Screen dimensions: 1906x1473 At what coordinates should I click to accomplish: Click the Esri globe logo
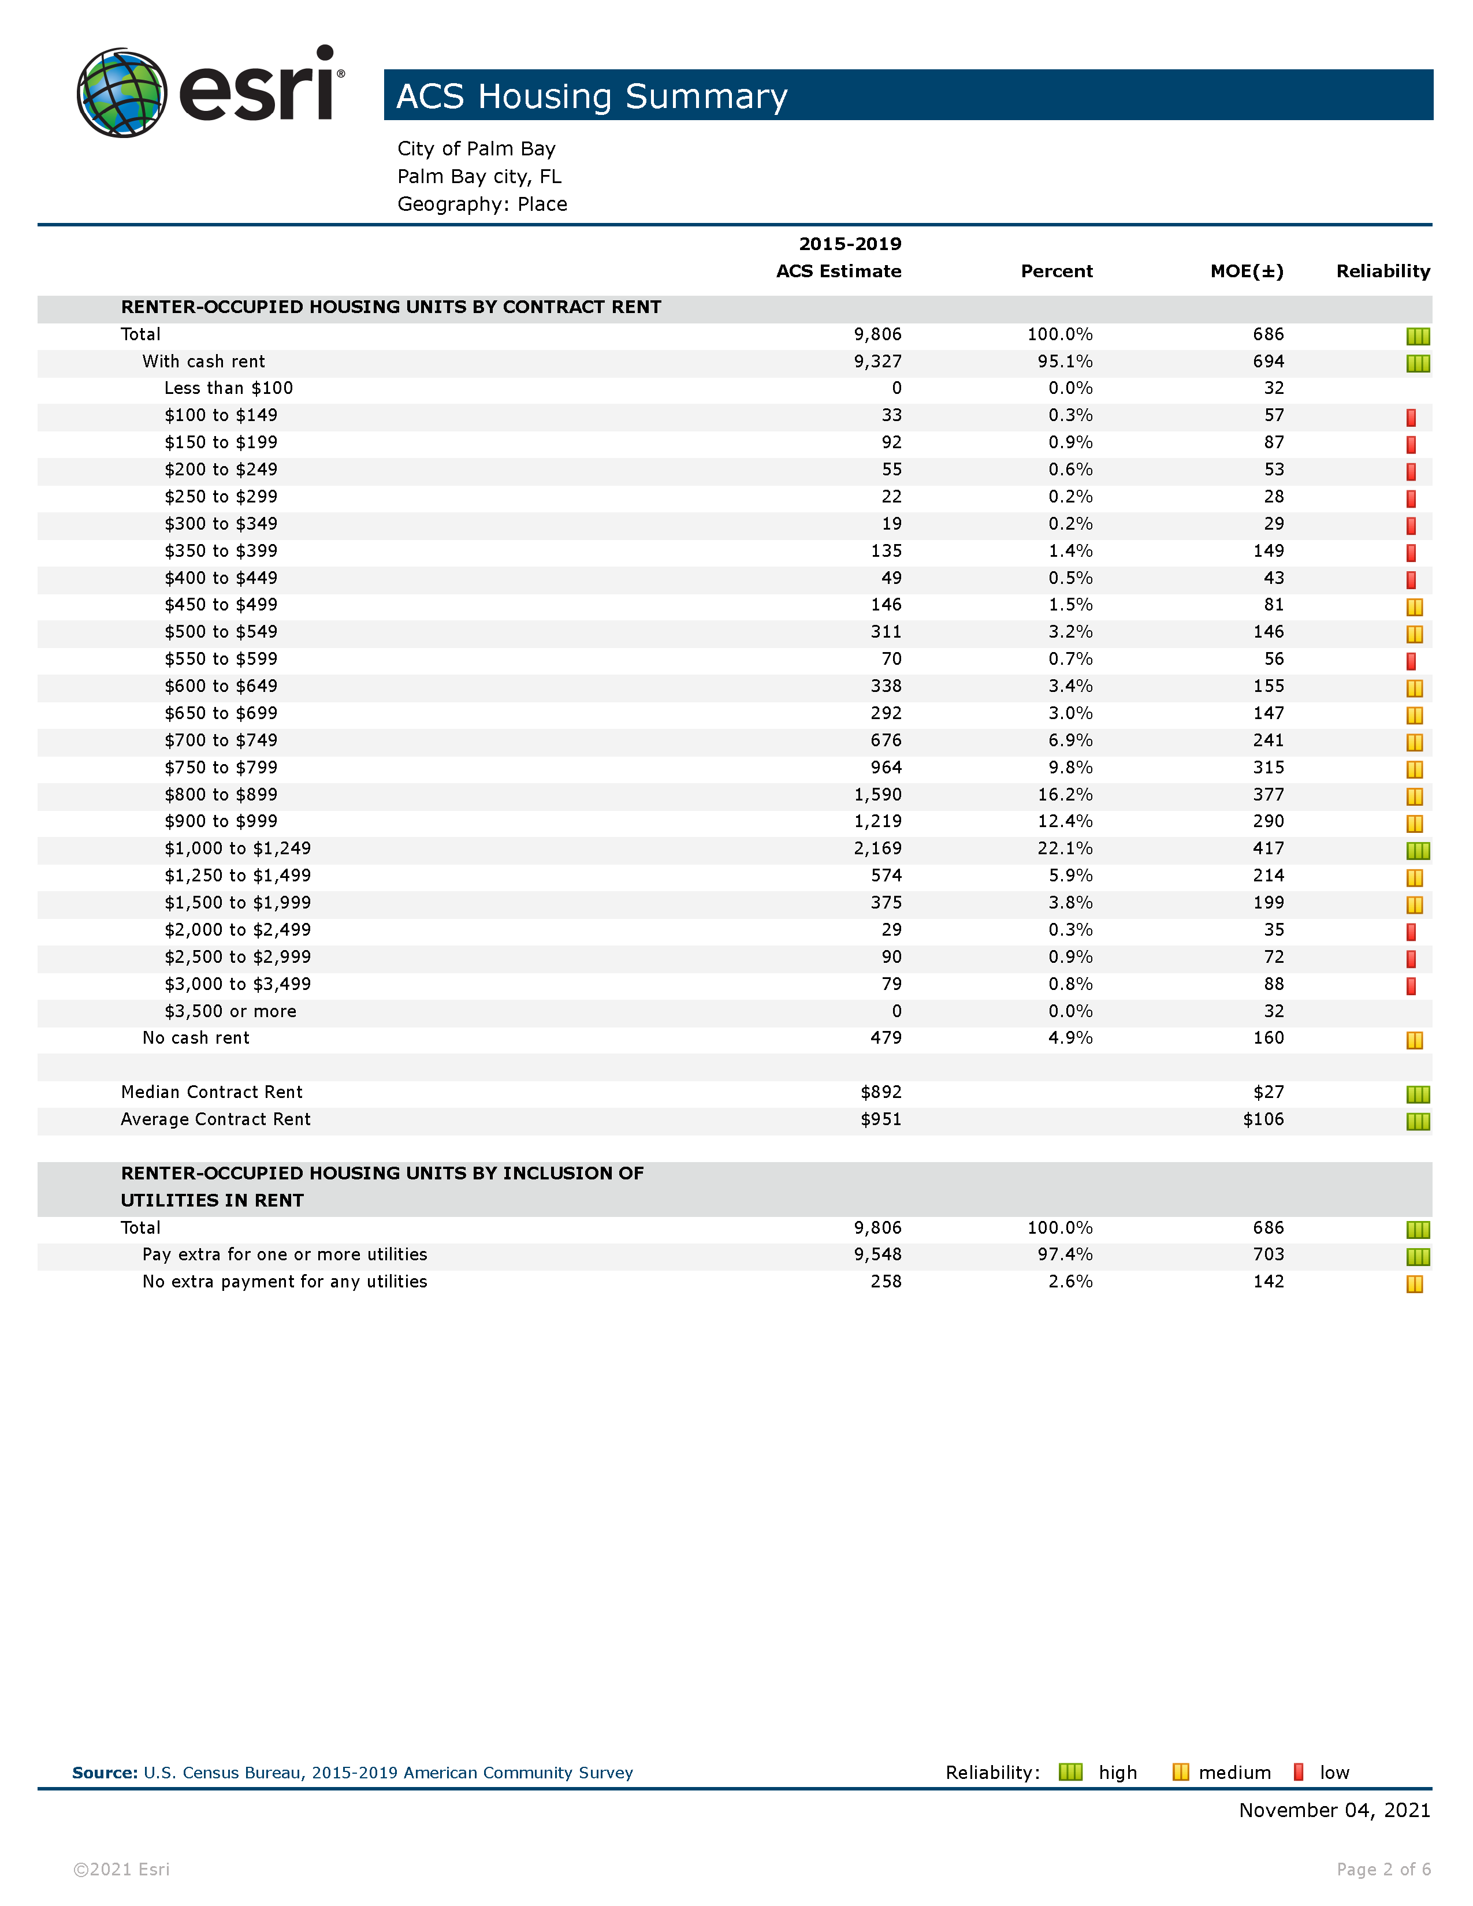(122, 92)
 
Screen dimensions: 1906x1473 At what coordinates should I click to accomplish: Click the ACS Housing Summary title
(592, 96)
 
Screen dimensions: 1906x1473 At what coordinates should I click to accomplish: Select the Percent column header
(1056, 271)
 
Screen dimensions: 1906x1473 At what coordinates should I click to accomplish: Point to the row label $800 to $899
(221, 794)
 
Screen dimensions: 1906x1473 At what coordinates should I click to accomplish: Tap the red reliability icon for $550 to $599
(1411, 661)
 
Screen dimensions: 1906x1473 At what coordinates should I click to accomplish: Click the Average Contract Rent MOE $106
(1263, 1119)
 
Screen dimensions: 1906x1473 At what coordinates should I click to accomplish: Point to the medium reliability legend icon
(1181, 1771)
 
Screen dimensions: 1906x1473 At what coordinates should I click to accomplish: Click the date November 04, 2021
(1334, 1810)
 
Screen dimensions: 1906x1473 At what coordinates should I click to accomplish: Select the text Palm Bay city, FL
(479, 176)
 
